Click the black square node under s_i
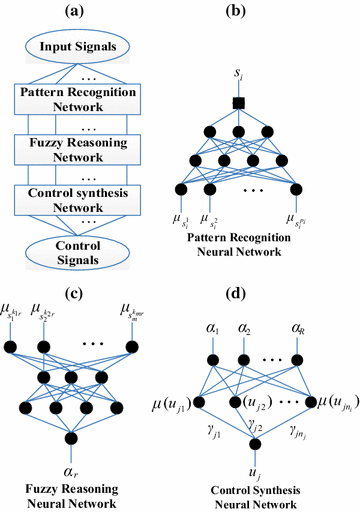pos(266,102)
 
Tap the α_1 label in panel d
pos(211,326)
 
